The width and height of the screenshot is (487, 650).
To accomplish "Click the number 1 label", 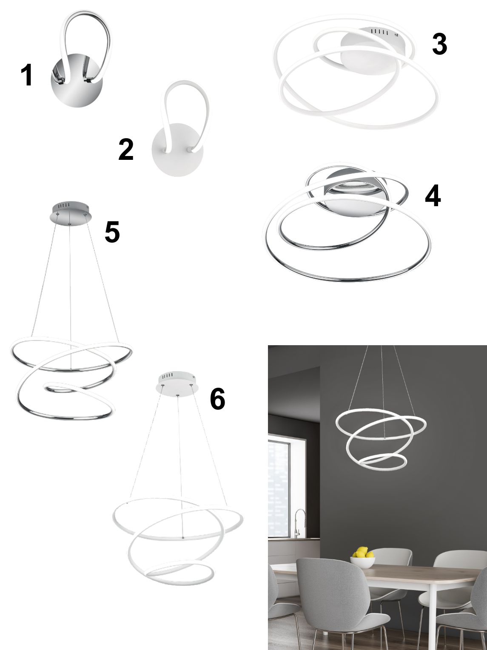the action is coord(27,75).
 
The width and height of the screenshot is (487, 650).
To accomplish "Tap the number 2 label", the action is coord(125,150).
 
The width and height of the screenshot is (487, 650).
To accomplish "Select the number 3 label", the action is coord(439,44).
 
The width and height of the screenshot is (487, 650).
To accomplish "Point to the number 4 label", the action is coord(433,196).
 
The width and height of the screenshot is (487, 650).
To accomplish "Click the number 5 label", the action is coord(112,232).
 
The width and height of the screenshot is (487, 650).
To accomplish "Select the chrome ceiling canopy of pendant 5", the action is coord(71,210).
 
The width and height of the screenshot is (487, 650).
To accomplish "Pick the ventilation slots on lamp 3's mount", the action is coord(380,32).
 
